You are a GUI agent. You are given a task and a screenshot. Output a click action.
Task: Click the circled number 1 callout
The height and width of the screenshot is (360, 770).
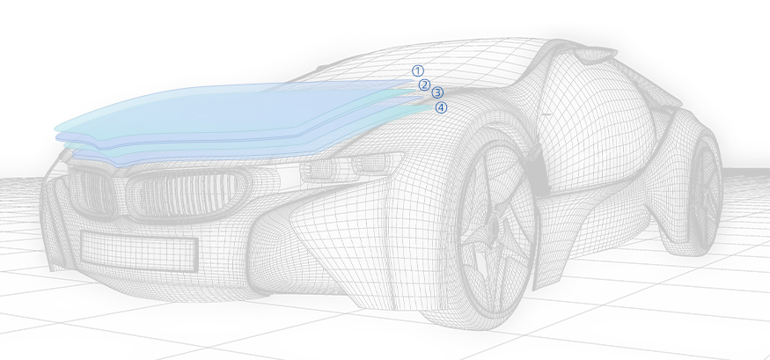[418, 70]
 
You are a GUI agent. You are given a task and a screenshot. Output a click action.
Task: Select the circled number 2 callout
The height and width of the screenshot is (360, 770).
[424, 84]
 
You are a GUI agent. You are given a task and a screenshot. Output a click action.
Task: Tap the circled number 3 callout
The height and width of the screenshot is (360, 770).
[437, 92]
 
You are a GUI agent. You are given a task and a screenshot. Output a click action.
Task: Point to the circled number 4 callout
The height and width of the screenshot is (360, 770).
[442, 107]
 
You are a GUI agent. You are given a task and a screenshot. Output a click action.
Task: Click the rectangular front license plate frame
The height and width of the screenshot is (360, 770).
[137, 251]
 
